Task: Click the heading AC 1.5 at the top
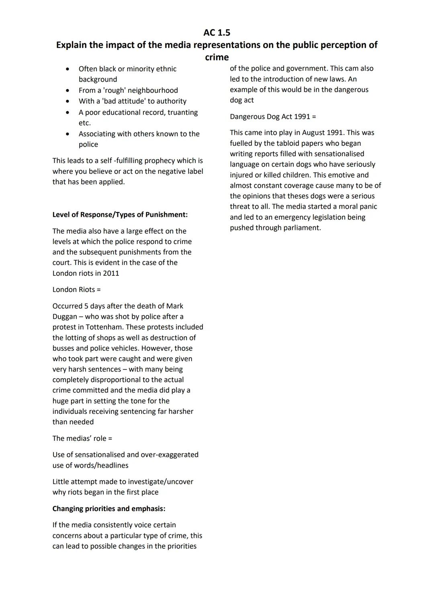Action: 217,33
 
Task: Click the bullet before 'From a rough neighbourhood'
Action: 68,91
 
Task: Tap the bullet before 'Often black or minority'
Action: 68,69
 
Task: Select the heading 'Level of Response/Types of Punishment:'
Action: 120,215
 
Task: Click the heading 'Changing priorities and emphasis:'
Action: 108,509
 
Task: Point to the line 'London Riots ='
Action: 76,290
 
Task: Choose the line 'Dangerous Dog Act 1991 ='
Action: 273,117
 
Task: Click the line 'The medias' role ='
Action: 82,438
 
